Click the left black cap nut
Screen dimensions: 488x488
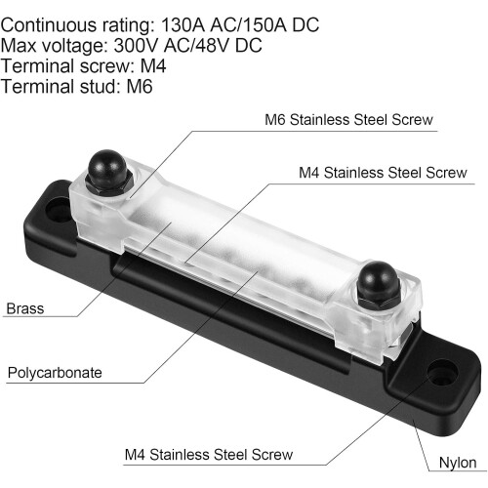pyautogui.click(x=108, y=173)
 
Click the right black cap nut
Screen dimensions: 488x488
pyautogui.click(x=379, y=285)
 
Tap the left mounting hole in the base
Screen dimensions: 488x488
pyautogui.click(x=60, y=210)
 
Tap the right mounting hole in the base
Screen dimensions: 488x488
pyautogui.click(x=442, y=373)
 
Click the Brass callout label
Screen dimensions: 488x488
pyautogui.click(x=25, y=308)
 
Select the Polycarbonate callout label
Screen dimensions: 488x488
pyautogui.click(x=55, y=373)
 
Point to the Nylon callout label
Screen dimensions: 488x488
pyautogui.click(x=458, y=463)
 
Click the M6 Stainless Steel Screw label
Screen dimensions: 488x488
pyautogui.click(x=348, y=120)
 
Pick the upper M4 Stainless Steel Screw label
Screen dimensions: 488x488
pyautogui.click(x=383, y=173)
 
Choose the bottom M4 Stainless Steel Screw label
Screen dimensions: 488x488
pyautogui.click(x=209, y=455)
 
